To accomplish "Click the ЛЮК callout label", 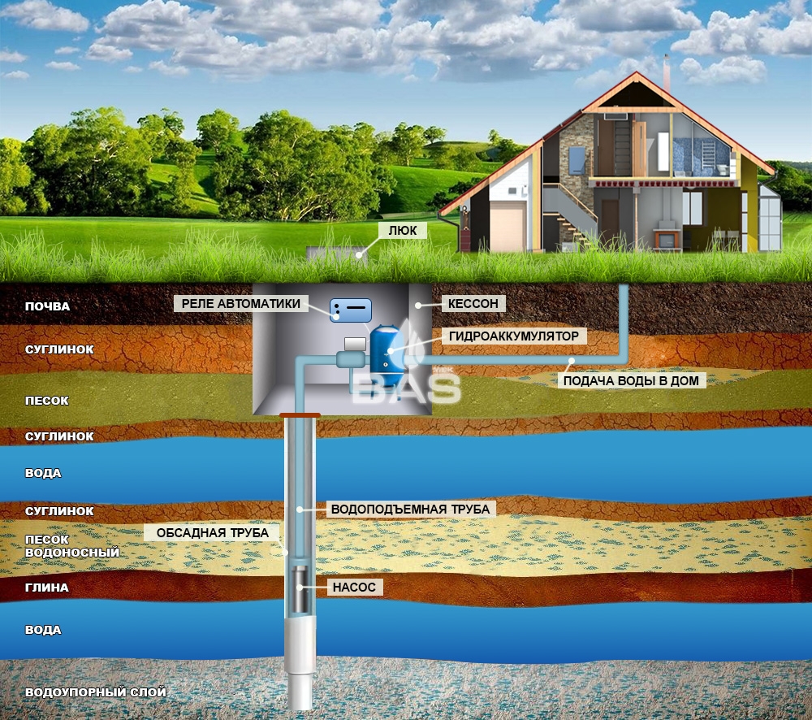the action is pos(403,231).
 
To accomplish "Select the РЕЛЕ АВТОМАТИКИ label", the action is pos(241,304).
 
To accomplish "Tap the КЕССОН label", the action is pos(473,304).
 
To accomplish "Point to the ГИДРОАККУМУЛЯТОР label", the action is pos(514,336).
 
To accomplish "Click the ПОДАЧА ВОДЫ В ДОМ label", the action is pos(631,381).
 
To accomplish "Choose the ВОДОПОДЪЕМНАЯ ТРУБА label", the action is pos(410,509).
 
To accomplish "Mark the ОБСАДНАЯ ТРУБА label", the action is pos(212,533).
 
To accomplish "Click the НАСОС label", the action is pos(354,588).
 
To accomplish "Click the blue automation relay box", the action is pos(351,310).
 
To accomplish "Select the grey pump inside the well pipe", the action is pos(300,589).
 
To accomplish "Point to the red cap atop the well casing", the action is pos(300,415).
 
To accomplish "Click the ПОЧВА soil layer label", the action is pos(47,306).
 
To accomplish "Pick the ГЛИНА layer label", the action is pos(46,588).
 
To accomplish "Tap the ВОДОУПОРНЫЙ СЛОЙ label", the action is pos(96,692).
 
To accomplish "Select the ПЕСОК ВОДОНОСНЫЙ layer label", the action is pos(72,546).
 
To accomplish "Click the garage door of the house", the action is pos(508,227).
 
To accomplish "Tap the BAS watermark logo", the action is pos(407,387).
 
